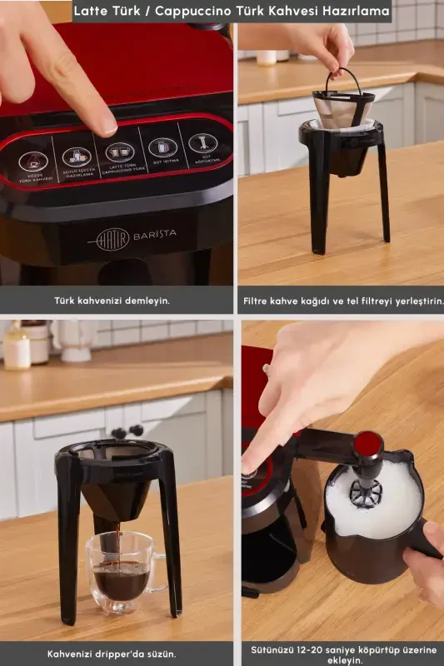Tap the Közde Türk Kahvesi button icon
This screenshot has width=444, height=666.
[x=33, y=159]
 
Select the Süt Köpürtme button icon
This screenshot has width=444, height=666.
[x=202, y=142]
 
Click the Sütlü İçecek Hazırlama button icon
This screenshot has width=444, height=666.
[x=77, y=156]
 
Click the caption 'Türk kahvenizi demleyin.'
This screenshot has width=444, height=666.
[x=112, y=300]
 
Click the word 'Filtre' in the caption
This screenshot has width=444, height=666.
[x=258, y=300]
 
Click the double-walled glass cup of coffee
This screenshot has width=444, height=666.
[x=122, y=574]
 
